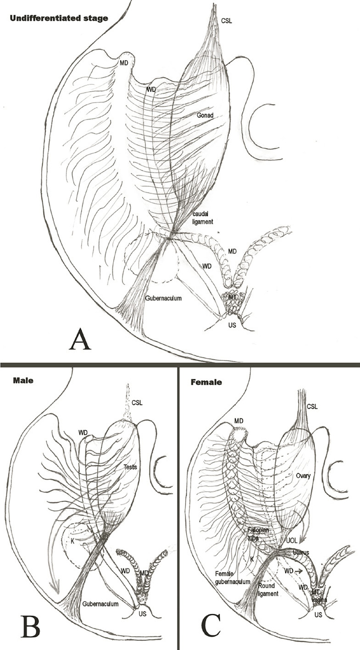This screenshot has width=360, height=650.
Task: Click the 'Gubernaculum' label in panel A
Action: pyautogui.click(x=165, y=298)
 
